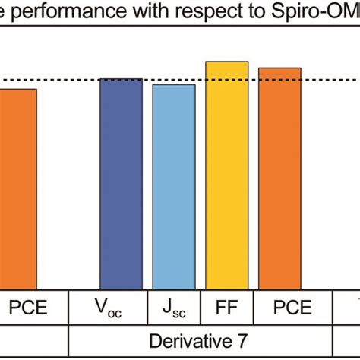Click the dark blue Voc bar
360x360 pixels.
coord(121,182)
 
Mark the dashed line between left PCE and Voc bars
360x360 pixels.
coord(68,80)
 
